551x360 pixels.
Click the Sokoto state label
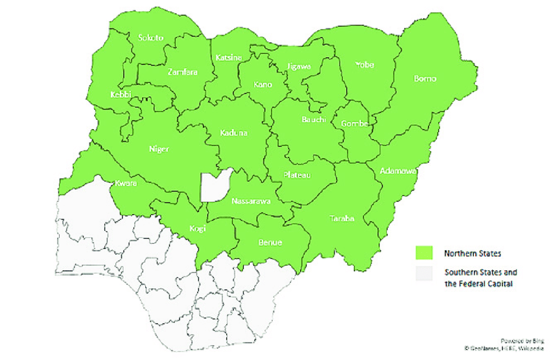pyautogui.click(x=150, y=38)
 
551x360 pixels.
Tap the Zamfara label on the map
pyautogui.click(x=181, y=71)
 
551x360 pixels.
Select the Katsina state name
pyautogui.click(x=229, y=58)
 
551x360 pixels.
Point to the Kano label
pyautogui.click(x=263, y=84)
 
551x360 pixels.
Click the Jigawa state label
pyautogui.click(x=299, y=66)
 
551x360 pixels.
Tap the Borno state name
pyautogui.click(x=425, y=79)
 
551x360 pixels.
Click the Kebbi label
pyautogui.click(x=121, y=95)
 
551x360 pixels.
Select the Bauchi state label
pyautogui.click(x=313, y=119)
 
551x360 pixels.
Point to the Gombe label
pyautogui.click(x=355, y=123)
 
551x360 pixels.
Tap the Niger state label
pyautogui.click(x=159, y=149)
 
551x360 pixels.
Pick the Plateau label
pyautogui.click(x=298, y=175)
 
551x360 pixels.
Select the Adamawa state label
pyautogui.click(x=398, y=171)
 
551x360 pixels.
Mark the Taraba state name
pyautogui.click(x=342, y=219)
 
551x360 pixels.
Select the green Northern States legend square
pyautogui.click(x=424, y=252)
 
